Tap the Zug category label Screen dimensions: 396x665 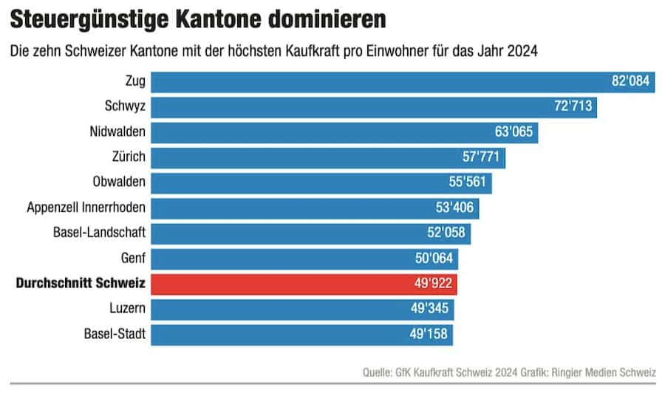pos(136,81)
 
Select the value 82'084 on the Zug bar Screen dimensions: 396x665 pos(630,81)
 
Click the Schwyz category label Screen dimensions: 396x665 pos(126,106)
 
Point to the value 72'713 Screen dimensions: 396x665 pos(573,106)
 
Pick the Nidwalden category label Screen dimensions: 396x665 pos(117,132)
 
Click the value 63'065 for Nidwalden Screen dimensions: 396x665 pos(514,132)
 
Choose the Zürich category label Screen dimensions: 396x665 pos(127,157)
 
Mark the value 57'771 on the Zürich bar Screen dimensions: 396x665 pos(482,157)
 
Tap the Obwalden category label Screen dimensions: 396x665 pos(119,182)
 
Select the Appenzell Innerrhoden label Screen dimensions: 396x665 pos(86,207)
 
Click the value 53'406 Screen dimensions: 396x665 pos(455,208)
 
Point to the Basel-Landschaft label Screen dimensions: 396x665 pos(99,232)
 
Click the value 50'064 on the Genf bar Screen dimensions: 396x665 pos(434,258)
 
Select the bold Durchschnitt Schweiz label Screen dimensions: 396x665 pos(81,283)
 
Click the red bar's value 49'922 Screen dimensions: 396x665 pos(434,283)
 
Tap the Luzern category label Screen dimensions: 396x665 pos(126,308)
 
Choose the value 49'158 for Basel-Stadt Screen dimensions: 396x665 pos(429,333)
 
